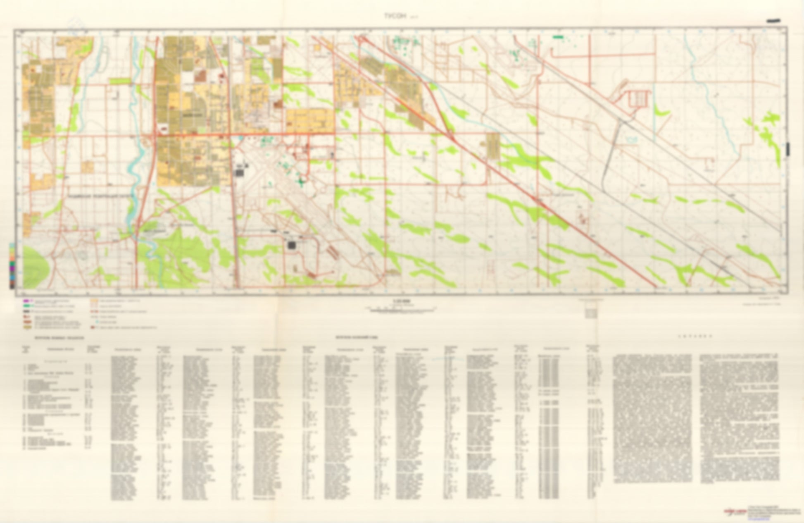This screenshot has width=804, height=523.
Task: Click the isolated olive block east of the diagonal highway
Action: pyautogui.click(x=492, y=146)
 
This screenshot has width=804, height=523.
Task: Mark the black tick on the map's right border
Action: pyautogui.click(x=789, y=149)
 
